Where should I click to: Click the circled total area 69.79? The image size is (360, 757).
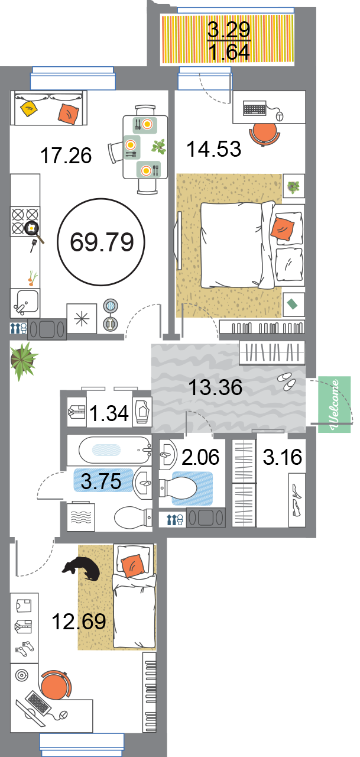click(x=102, y=242)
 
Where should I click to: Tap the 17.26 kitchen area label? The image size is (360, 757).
click(x=66, y=156)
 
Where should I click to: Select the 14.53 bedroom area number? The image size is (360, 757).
click(x=214, y=149)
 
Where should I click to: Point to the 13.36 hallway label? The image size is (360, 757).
click(x=215, y=387)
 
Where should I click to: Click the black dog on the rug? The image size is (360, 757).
click(x=82, y=568)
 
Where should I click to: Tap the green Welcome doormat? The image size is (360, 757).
click(x=335, y=404)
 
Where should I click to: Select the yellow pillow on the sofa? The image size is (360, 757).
click(x=29, y=108)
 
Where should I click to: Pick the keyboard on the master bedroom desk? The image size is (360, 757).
click(x=255, y=108)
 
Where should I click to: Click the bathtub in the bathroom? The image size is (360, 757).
click(x=115, y=450)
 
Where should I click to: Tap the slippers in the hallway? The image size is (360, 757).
click(x=287, y=381)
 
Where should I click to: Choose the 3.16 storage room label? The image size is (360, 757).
click(x=283, y=457)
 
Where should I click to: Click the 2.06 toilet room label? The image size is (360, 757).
click(x=200, y=457)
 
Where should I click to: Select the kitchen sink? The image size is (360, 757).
click(x=25, y=302)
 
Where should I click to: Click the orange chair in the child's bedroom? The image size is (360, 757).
click(x=56, y=685)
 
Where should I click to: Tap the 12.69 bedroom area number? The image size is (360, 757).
click(x=79, y=621)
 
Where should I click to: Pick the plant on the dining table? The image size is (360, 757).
click(x=158, y=147)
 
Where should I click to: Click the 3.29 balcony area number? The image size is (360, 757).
click(x=229, y=29)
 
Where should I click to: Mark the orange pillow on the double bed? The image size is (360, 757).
click(x=282, y=228)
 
